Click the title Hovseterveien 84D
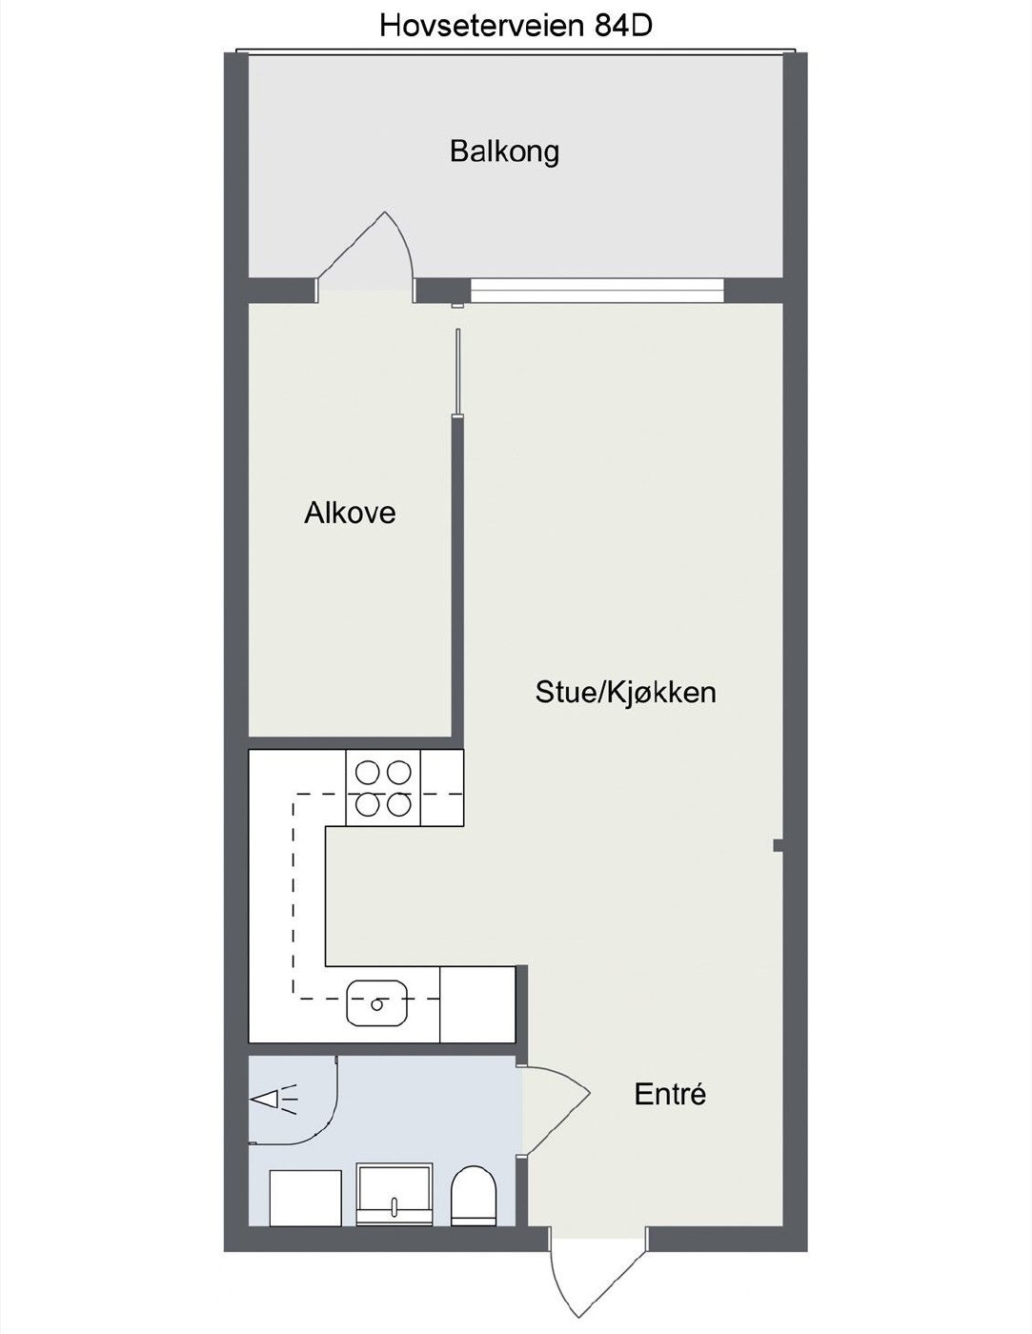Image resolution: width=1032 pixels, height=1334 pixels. pyautogui.click(x=516, y=26)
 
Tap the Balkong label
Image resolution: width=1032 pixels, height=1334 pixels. pyautogui.click(x=504, y=151)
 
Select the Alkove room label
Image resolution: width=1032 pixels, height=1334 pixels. pyautogui.click(x=350, y=513)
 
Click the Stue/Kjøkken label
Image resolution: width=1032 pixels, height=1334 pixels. pyautogui.click(x=626, y=692)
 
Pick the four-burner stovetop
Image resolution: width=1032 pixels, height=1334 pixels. pyautogui.click(x=383, y=788)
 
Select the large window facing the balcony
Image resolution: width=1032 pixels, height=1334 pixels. pyautogui.click(x=597, y=291)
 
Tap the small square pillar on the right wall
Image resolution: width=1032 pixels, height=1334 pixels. pyautogui.click(x=778, y=846)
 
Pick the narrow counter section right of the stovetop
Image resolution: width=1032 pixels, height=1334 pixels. pyautogui.click(x=442, y=788)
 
